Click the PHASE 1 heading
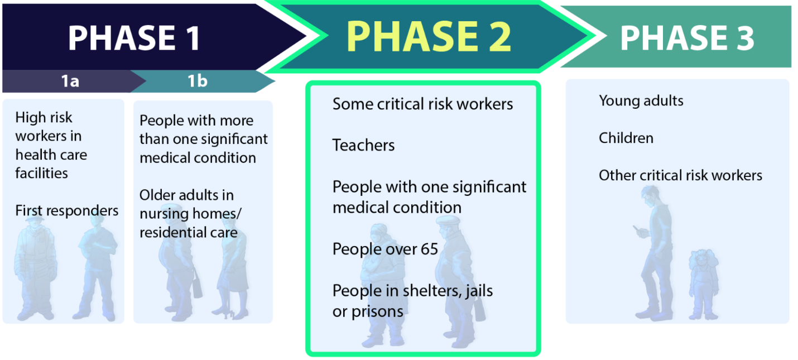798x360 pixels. point(134,38)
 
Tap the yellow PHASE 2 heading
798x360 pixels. point(429,36)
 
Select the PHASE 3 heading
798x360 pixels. point(687,38)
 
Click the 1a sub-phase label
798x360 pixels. point(70,81)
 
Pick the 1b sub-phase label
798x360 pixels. point(198,81)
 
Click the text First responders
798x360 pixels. point(66,210)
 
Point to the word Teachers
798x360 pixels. point(363,145)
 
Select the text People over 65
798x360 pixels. point(385,249)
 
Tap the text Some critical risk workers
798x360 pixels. point(422,104)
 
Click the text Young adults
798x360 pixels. point(641,101)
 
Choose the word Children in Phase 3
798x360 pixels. point(626,138)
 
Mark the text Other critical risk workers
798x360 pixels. point(680,175)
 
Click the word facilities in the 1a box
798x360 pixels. point(41,173)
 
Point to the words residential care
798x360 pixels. point(189,232)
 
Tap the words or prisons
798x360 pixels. point(368,312)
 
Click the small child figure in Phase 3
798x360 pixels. point(704,284)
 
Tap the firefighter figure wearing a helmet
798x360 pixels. point(35,268)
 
